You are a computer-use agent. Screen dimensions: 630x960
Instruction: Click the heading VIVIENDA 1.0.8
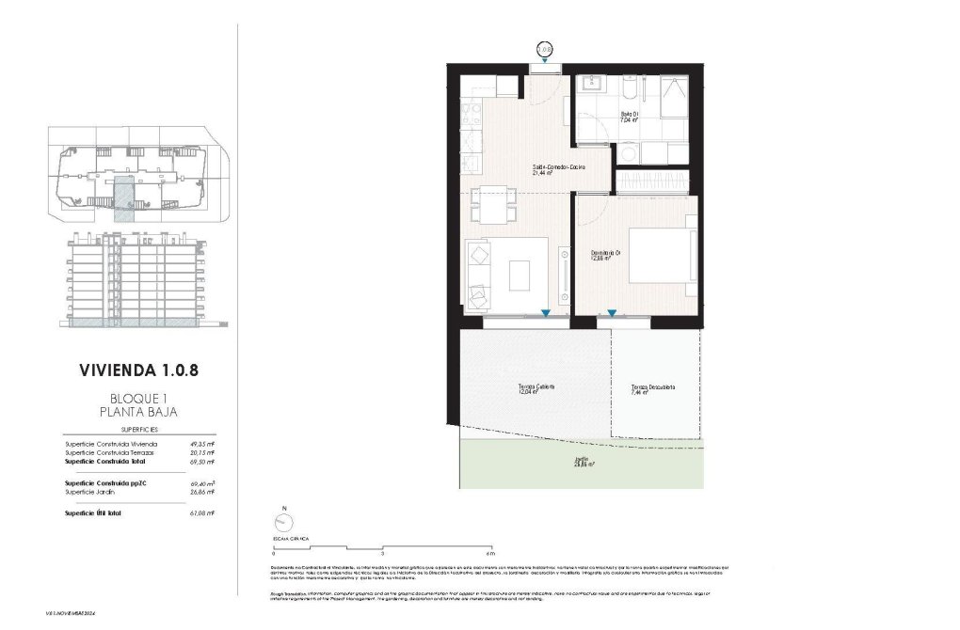pos(138,370)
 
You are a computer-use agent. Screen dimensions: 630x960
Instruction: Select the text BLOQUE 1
pos(138,398)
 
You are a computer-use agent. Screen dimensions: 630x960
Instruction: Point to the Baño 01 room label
pos(629,118)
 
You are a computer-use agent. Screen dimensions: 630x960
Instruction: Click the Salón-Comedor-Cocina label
pos(558,170)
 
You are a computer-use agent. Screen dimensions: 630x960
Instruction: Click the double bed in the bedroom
pos(663,249)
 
